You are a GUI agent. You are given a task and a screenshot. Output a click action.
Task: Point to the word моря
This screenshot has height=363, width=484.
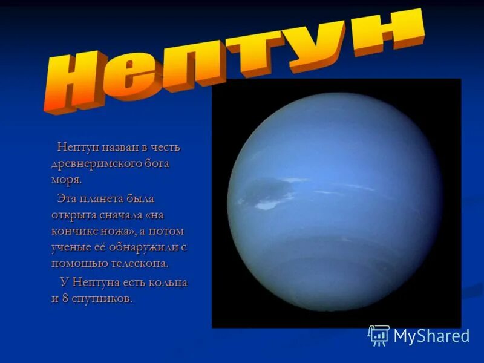click(66, 180)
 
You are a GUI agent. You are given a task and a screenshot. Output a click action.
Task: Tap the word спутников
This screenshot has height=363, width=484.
click(103, 299)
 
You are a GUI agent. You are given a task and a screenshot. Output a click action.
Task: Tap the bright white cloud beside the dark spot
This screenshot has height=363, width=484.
click(267, 205)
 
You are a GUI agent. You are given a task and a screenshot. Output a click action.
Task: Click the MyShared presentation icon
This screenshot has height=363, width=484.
click(379, 335)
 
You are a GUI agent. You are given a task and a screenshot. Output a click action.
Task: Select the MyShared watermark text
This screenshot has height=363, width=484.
click(431, 336)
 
